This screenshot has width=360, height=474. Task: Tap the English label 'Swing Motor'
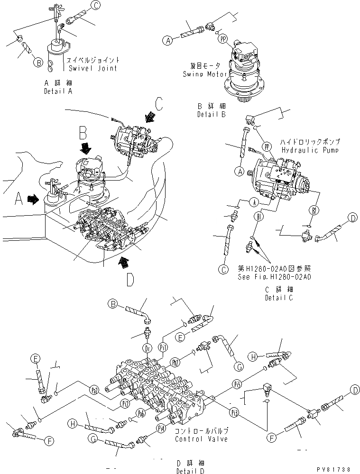204,74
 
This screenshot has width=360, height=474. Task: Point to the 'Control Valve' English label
201,439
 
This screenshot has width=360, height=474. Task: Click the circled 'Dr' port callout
147,348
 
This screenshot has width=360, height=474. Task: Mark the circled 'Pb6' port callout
140,412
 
